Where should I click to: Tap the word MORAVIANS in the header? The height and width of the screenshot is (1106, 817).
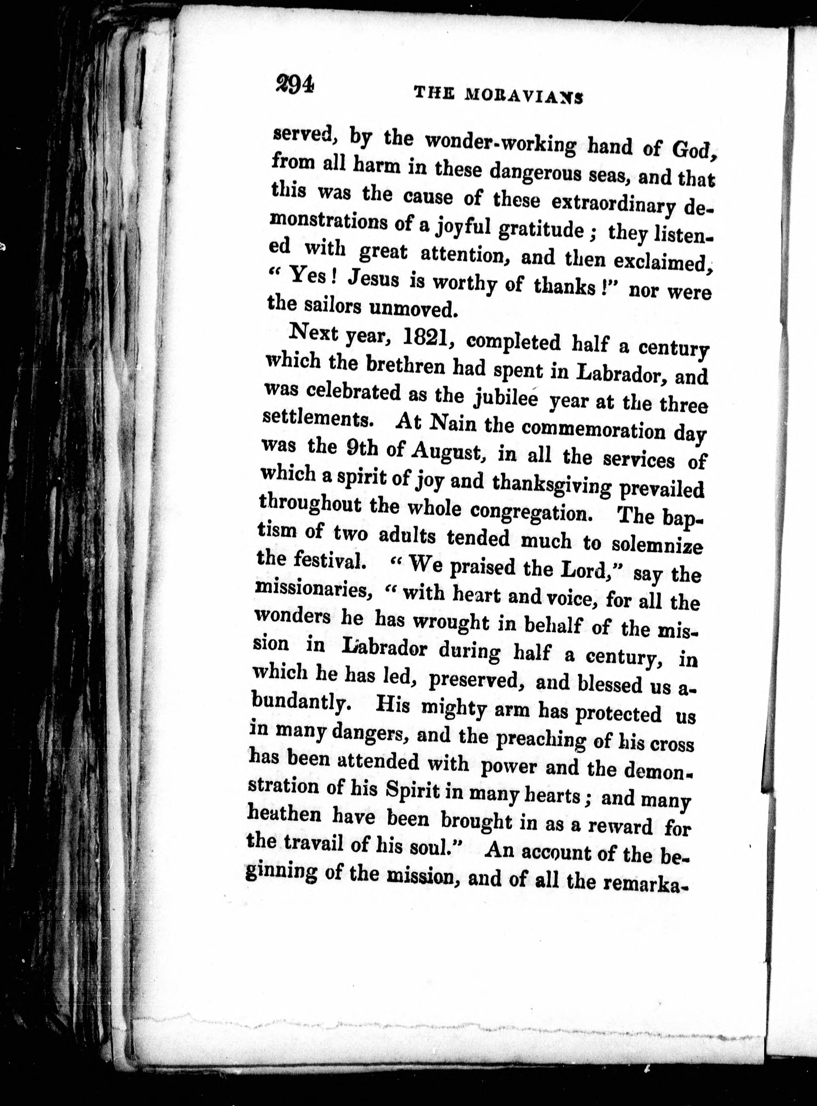pos(524,96)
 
